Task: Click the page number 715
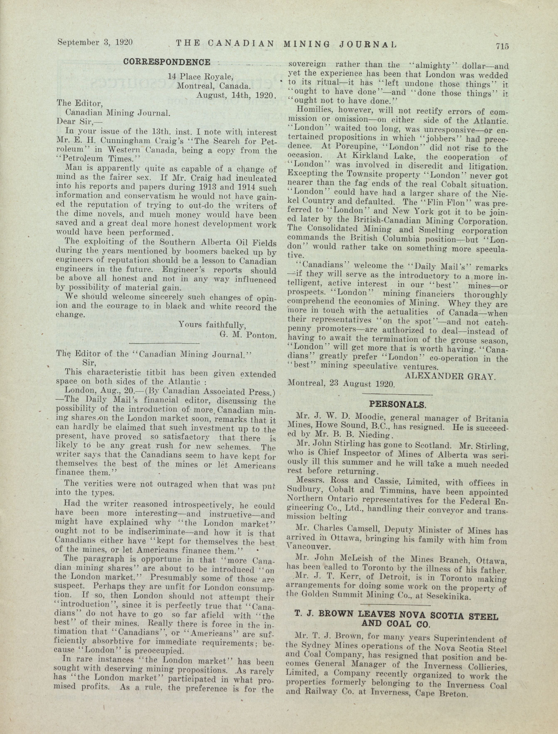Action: tap(502, 46)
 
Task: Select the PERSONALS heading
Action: tap(397, 404)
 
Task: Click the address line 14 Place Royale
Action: tap(200, 76)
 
